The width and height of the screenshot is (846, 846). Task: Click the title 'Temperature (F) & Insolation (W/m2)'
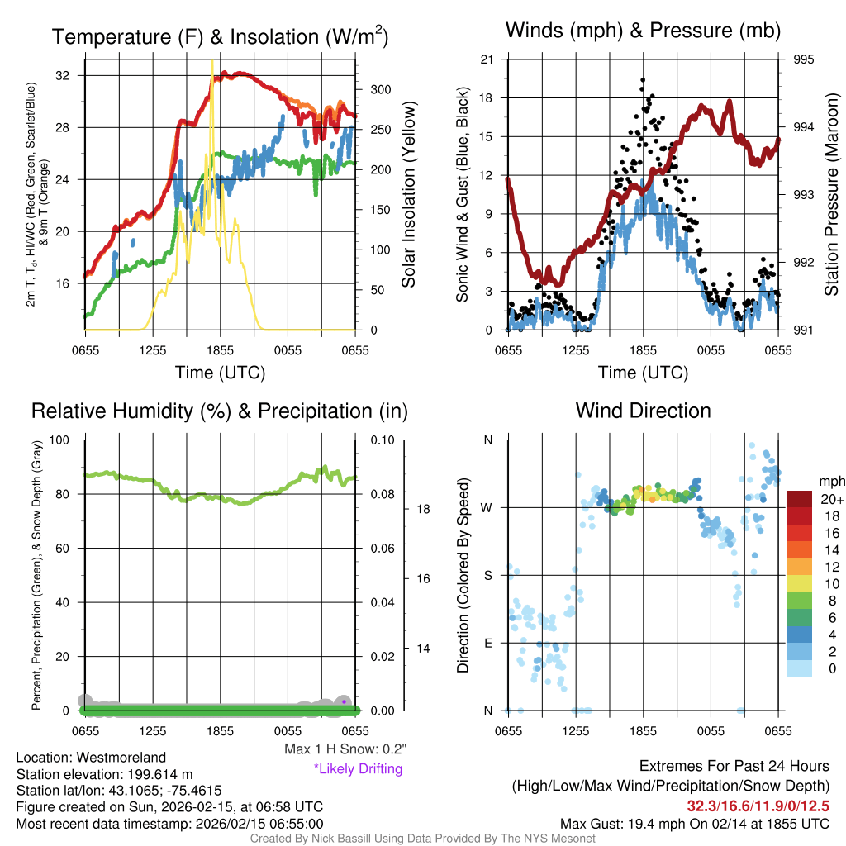[x=220, y=36]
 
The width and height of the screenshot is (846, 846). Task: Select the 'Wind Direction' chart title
[x=643, y=411]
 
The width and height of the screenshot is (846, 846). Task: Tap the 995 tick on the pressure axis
[x=804, y=59]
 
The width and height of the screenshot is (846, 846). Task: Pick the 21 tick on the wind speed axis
[x=487, y=59]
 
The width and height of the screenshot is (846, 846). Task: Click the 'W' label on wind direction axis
[x=487, y=507]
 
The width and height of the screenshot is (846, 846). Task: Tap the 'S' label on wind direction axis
[x=487, y=575]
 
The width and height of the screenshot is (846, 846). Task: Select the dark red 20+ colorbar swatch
[x=801, y=498]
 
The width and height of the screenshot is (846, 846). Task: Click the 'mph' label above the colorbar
[x=829, y=481]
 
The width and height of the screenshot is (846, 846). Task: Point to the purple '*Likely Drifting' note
[x=358, y=769]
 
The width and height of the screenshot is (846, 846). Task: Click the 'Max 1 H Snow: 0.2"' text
[x=345, y=749]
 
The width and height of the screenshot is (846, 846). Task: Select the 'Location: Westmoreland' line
[x=91, y=758]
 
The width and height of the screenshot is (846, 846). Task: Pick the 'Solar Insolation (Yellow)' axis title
[x=408, y=195]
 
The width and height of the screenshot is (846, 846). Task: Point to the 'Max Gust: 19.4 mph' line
[x=694, y=824]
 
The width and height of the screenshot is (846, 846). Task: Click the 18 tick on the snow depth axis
[x=421, y=509]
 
